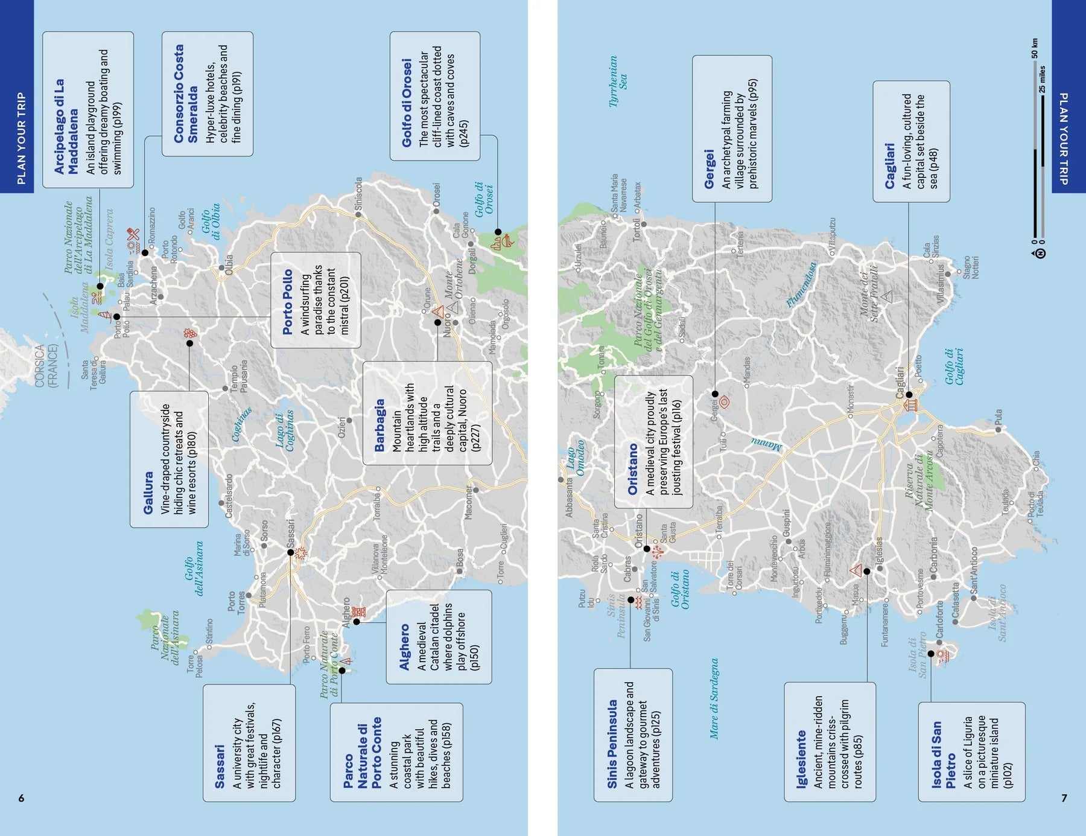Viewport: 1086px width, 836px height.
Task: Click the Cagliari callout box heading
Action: (x=889, y=165)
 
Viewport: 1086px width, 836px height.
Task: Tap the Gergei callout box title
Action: (x=709, y=169)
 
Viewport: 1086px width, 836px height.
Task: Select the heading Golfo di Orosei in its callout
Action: (x=407, y=103)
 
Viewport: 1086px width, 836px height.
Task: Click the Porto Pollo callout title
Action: (x=288, y=302)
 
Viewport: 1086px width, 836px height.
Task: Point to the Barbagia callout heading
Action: (x=379, y=425)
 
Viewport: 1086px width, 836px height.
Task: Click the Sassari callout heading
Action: (x=220, y=767)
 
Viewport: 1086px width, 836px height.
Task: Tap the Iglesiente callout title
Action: (x=801, y=759)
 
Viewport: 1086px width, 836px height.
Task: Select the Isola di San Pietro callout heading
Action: (x=943, y=755)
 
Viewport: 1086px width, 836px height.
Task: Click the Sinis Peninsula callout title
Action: (x=612, y=744)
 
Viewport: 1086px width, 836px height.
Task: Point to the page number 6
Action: (x=21, y=798)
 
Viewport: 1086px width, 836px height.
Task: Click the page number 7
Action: (x=1064, y=798)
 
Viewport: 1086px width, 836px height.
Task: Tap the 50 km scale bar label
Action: (x=1035, y=49)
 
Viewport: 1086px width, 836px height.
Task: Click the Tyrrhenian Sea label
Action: (x=618, y=81)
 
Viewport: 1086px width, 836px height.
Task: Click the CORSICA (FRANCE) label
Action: (x=46, y=366)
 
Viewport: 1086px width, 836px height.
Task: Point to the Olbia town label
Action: (x=229, y=265)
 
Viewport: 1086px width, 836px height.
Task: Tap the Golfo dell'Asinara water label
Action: (x=194, y=568)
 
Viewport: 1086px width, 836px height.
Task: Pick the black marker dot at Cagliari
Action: (x=909, y=394)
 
